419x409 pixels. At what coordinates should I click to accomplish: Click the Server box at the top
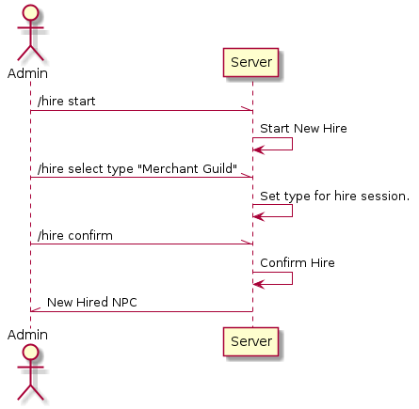pos(250,62)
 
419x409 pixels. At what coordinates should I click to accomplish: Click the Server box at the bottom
pos(250,341)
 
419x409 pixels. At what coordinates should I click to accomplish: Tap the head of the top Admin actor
pos(30,13)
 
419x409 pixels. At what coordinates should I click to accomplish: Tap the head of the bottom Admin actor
pos(30,353)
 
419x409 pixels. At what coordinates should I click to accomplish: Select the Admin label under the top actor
pos(27,73)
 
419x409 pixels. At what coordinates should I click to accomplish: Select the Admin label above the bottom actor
pos(27,335)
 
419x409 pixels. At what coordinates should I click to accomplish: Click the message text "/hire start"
pos(67,102)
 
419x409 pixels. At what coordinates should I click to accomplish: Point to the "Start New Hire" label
pos(303,129)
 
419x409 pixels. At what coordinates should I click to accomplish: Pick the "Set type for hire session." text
pos(335,197)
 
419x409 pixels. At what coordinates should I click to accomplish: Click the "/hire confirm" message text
pos(75,236)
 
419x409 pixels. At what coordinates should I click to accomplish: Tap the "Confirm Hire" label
pos(298,263)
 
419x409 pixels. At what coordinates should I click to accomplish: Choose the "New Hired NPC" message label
pos(92,303)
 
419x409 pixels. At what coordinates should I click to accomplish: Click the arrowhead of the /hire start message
pos(248,108)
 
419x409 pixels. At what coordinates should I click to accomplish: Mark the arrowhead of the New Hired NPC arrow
pos(36,309)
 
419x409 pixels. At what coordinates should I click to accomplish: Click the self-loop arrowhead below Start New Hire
pos(259,150)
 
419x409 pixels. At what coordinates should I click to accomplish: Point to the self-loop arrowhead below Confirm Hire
pos(259,285)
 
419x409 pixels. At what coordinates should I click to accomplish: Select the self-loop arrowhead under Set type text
pos(259,216)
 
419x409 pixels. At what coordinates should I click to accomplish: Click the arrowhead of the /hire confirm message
pos(248,242)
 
